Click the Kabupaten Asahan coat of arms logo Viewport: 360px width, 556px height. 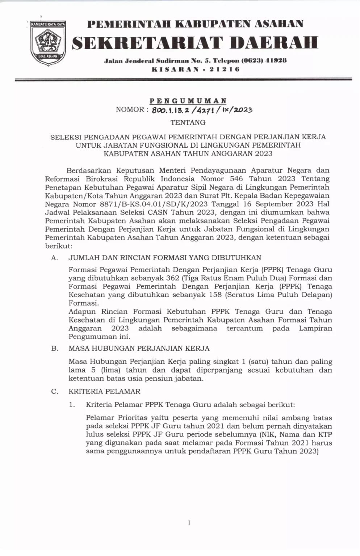point(48,42)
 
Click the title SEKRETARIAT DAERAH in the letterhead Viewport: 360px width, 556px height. point(195,43)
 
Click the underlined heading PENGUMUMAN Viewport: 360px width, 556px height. point(188,101)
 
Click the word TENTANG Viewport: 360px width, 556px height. point(188,122)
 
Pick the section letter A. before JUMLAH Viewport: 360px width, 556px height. point(55,258)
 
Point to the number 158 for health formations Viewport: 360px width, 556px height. point(216,295)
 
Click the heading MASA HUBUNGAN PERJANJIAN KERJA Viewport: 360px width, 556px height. point(139,349)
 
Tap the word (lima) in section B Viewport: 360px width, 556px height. point(108,370)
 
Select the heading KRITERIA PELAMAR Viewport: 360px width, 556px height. point(104,391)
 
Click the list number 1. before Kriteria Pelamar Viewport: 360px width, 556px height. point(72,405)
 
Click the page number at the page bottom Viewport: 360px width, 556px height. point(189,522)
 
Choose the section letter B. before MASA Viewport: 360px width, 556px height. point(55,349)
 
